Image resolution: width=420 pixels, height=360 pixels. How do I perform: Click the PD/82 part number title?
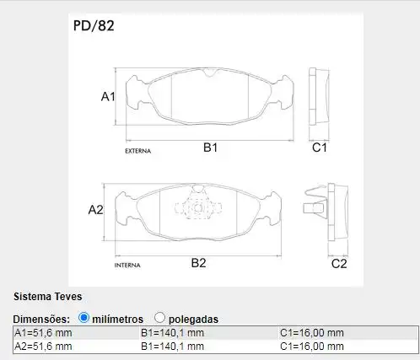tap(94, 25)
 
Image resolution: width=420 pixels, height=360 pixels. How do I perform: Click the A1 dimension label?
tap(108, 96)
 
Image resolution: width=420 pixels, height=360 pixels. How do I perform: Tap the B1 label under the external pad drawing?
tap(210, 148)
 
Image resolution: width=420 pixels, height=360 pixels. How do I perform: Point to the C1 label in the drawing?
tap(320, 148)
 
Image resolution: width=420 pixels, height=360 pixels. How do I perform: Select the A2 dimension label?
tap(95, 210)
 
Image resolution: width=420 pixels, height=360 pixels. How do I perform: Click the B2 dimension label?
tap(198, 263)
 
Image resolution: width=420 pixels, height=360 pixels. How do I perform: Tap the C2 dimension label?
tap(339, 264)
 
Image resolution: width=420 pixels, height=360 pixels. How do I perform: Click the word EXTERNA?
tap(137, 151)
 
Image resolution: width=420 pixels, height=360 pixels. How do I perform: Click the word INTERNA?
tap(127, 265)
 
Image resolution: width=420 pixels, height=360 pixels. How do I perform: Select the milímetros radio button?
tap(83, 318)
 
